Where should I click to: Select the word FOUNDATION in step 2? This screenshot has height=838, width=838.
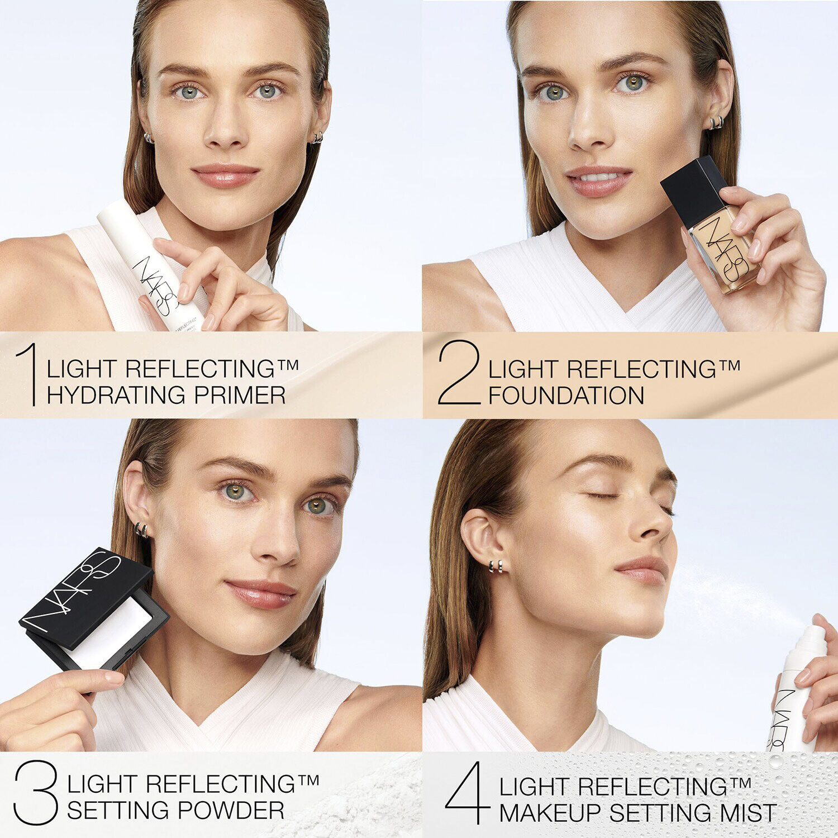pyautogui.click(x=566, y=396)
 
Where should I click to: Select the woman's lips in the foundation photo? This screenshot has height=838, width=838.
pyautogui.click(x=598, y=182)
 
